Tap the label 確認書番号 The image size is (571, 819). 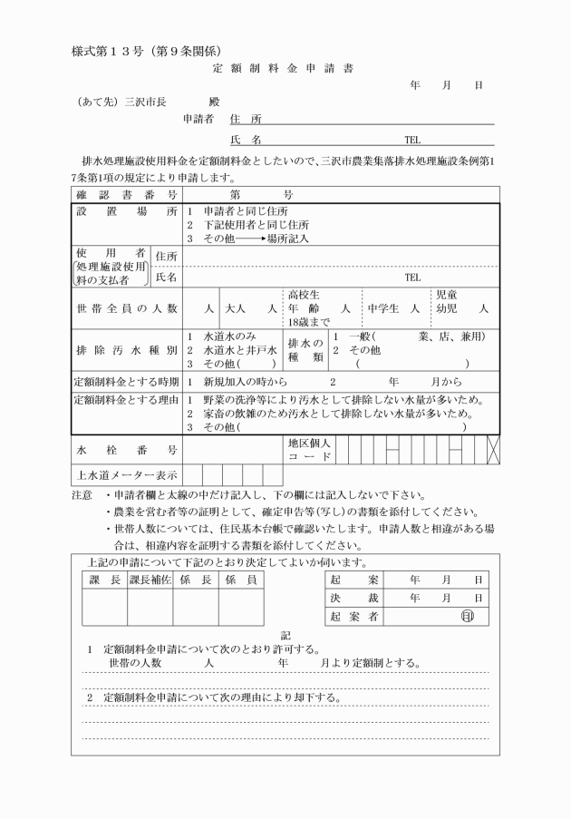pos(126,194)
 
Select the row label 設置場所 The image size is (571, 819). pos(126,211)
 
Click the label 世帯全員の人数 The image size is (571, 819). pos(126,308)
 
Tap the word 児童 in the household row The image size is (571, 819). pos(447,295)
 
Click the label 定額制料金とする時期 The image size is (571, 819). pos(126,382)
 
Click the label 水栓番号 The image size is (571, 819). pos(126,449)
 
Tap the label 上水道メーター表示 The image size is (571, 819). pos(126,473)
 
